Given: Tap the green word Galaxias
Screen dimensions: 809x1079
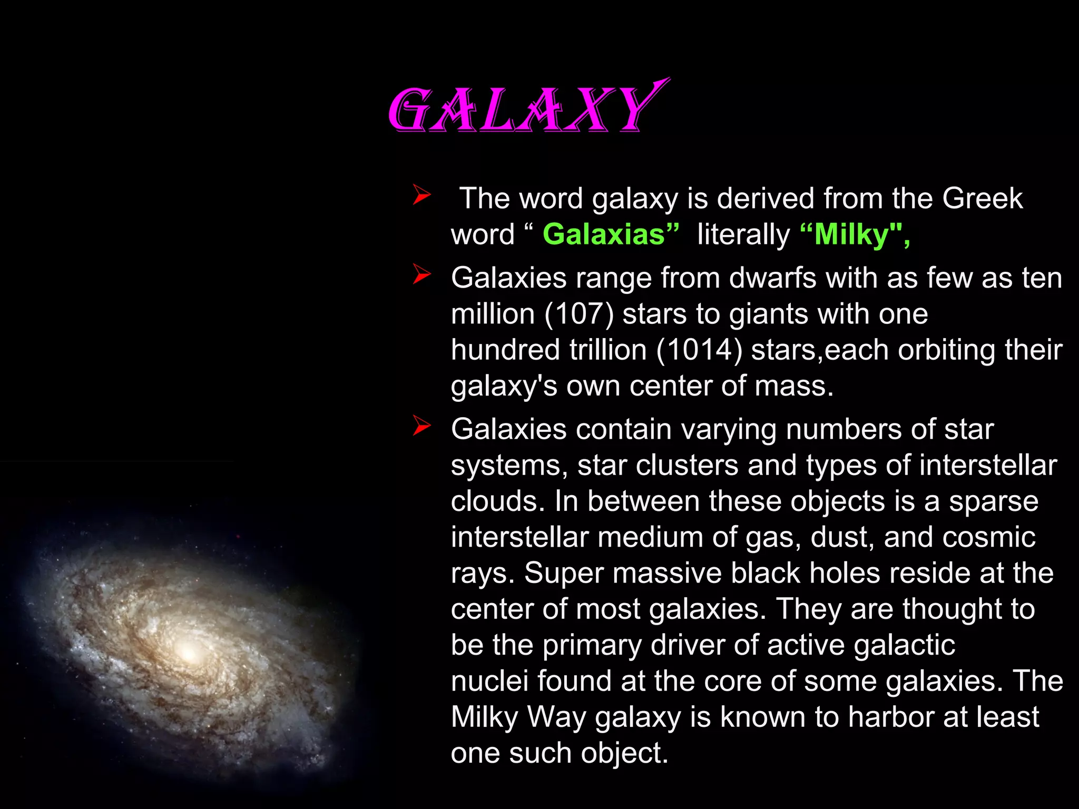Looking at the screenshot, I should pyautogui.click(x=610, y=234).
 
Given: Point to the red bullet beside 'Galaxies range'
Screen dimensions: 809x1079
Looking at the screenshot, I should pyautogui.click(x=421, y=274).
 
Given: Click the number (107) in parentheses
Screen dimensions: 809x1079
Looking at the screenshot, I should pyautogui.click(x=578, y=314).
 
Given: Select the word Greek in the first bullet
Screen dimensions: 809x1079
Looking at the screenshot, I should pyautogui.click(x=982, y=199).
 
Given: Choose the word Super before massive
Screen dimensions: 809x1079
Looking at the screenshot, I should pyautogui.click(x=563, y=573).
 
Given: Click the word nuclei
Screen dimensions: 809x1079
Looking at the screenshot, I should pyautogui.click(x=489, y=681).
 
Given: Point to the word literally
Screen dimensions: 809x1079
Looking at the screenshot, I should pyautogui.click(x=743, y=234).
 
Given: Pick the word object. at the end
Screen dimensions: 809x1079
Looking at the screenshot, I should pyautogui.click(x=624, y=753).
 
